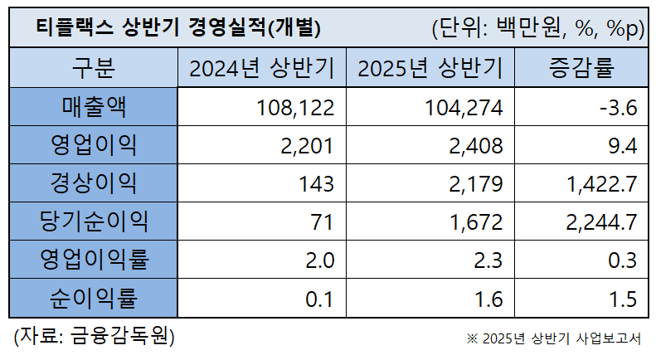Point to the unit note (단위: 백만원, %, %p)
pyautogui.click(x=537, y=28)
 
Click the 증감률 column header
pyautogui.click(x=582, y=68)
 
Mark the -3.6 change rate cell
pyautogui.click(x=618, y=107)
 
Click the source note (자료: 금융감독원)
pyautogui.click(x=94, y=337)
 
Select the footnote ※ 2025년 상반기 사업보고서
pyautogui.click(x=554, y=338)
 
